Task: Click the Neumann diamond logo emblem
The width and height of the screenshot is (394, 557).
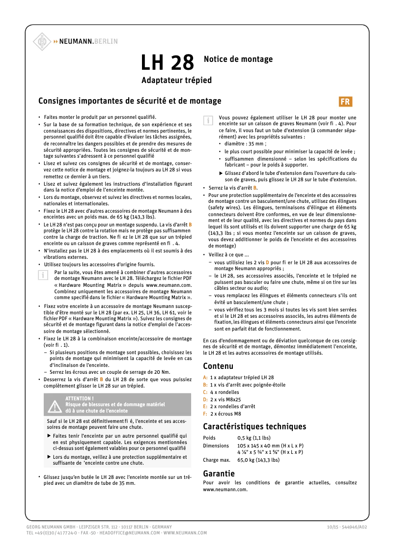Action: click(43, 41)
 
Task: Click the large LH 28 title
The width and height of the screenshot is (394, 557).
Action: click(168, 63)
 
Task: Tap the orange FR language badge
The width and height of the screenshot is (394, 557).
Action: click(345, 102)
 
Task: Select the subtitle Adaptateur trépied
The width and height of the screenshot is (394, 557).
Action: click(176, 80)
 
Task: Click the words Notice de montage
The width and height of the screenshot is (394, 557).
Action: click(238, 59)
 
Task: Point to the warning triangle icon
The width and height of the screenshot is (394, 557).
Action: click(54, 405)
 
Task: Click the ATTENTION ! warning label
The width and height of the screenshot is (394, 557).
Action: click(79, 398)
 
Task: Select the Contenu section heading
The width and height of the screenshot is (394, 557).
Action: click(218, 366)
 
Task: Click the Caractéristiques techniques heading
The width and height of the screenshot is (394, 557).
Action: click(254, 426)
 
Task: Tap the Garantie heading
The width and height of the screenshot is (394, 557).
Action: click(219, 473)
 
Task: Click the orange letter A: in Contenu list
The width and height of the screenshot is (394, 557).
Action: click(205, 377)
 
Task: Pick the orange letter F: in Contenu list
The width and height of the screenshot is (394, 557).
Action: click(205, 414)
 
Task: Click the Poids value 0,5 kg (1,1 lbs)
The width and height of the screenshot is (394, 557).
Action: click(254, 438)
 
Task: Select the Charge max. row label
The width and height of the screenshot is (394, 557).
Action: click(217, 460)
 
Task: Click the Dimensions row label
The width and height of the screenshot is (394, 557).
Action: click(216, 445)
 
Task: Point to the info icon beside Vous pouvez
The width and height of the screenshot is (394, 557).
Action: click(208, 120)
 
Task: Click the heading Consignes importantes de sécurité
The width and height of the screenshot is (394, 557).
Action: click(130, 101)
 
